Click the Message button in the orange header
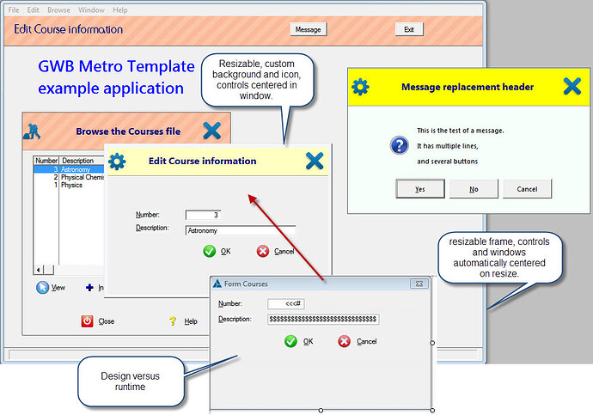click(x=308, y=29)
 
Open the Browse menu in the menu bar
click(x=59, y=9)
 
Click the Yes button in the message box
click(x=419, y=189)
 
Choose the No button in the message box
click(x=474, y=189)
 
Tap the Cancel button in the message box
click(x=527, y=189)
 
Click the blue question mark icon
click(x=399, y=145)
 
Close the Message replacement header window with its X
click(x=572, y=87)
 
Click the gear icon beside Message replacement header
click(x=361, y=87)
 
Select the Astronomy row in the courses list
click(x=73, y=169)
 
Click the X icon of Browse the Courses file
click(x=212, y=131)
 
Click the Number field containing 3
click(x=209, y=215)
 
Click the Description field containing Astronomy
click(x=240, y=230)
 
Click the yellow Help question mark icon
click(x=172, y=321)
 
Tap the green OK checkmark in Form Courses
click(x=290, y=341)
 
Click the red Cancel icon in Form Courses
click(x=345, y=341)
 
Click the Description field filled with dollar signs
click(x=322, y=319)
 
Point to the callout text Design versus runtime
click(x=130, y=381)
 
